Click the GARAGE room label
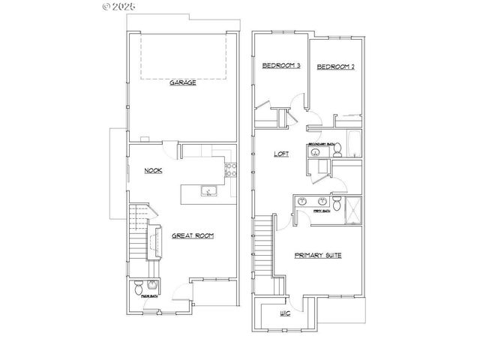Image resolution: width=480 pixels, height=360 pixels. click(182, 83)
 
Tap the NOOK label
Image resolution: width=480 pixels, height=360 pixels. click(154, 170)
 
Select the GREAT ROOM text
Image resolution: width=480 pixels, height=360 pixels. click(193, 235)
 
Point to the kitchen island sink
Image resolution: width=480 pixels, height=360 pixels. click(208, 192)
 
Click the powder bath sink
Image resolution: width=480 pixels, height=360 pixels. click(152, 285)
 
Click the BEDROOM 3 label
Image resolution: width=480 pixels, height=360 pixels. click(280, 67)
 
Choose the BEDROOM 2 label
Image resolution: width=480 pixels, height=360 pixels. click(335, 67)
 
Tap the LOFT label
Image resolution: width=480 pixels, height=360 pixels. click(282, 153)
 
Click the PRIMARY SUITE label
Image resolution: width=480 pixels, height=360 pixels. click(318, 256)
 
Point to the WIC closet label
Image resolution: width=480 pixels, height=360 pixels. click(285, 313)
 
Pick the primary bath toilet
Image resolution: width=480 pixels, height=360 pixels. click(337, 205)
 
